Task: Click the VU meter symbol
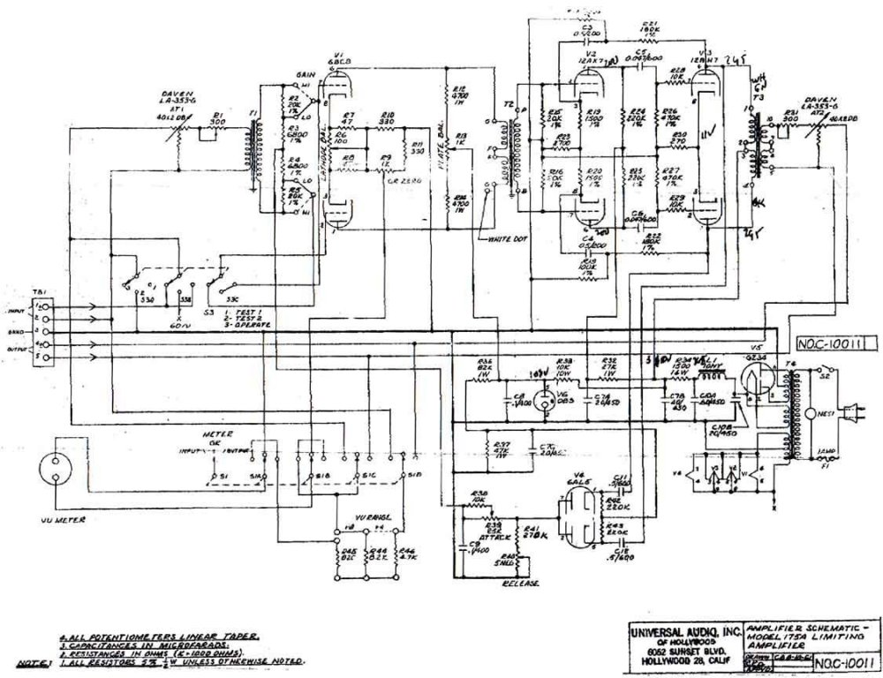click(54, 469)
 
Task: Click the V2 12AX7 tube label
click(596, 57)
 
